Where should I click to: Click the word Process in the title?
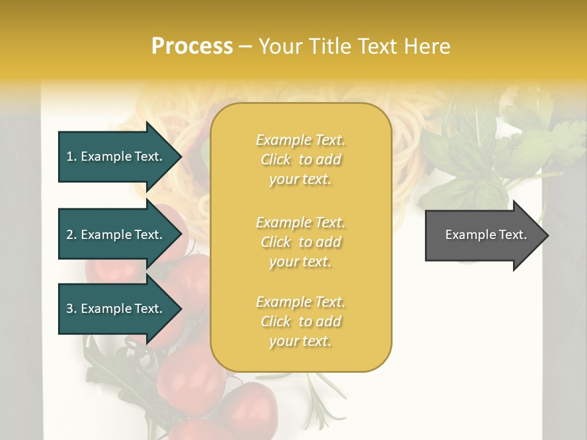click(x=192, y=46)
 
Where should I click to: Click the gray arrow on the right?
click(x=483, y=235)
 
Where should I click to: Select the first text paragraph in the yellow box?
click(x=300, y=159)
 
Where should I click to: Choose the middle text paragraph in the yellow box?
click(x=300, y=242)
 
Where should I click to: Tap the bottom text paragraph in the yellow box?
click(x=300, y=321)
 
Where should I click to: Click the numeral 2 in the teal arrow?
click(x=70, y=235)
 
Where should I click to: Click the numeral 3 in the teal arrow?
click(x=70, y=309)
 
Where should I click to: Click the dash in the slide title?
click(x=246, y=46)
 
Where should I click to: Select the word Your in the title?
click(x=281, y=46)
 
